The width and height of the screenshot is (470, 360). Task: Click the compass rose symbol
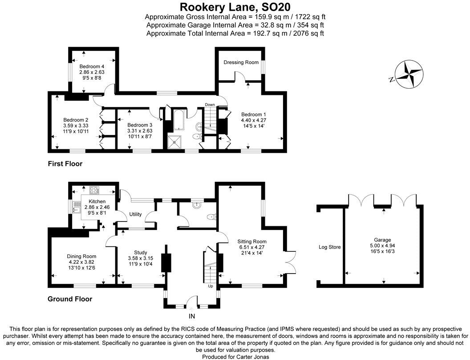point(408,75)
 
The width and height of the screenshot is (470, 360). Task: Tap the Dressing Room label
point(241,62)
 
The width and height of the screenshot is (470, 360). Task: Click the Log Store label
point(329,246)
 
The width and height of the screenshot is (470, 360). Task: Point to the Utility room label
point(135,214)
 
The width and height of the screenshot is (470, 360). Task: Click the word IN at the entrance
point(192,316)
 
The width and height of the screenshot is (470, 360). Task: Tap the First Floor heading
point(65,164)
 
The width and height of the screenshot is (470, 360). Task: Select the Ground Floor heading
point(70,299)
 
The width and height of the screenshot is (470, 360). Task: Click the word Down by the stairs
point(210,105)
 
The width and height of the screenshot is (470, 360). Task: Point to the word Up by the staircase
point(211,286)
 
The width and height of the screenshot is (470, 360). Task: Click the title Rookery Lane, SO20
point(235,7)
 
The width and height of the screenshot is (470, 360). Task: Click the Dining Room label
point(81,256)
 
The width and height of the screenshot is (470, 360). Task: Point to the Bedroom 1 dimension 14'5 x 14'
point(253,126)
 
